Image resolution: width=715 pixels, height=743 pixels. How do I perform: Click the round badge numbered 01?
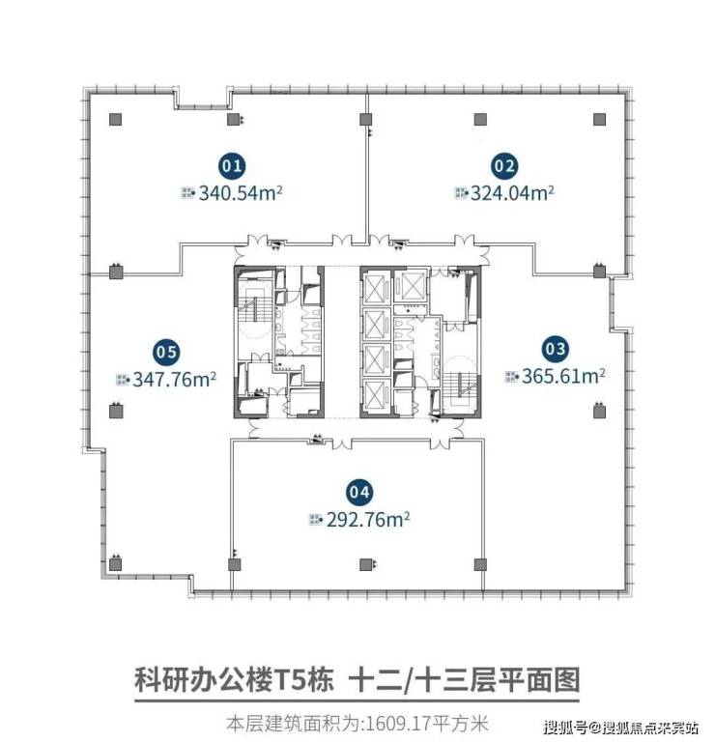pos(232,166)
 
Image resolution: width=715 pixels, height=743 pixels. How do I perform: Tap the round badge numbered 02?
pos(503,166)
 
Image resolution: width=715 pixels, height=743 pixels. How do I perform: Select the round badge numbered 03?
pos(556,349)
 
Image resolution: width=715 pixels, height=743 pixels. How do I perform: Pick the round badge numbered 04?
pos(359,492)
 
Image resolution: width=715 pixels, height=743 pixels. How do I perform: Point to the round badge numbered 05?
pos(166,352)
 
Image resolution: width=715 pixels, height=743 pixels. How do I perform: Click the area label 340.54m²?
pos(241,193)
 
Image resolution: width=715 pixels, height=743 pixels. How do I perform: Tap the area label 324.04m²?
pos(512,193)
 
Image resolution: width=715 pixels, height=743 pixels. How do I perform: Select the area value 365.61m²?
pos(563,376)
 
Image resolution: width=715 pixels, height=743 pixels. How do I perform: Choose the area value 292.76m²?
pos(368,520)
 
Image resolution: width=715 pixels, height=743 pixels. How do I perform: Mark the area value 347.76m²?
pos(174,380)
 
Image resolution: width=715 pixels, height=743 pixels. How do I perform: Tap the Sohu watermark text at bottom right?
pos(620,728)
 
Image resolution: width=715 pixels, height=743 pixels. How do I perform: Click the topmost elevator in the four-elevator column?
pos(375,288)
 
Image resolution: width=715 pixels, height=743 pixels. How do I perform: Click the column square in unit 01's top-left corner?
pos(116,120)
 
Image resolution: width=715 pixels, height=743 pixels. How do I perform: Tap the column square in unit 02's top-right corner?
pos(599,119)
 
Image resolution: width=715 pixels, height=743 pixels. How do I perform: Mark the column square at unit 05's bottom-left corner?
pos(116,564)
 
